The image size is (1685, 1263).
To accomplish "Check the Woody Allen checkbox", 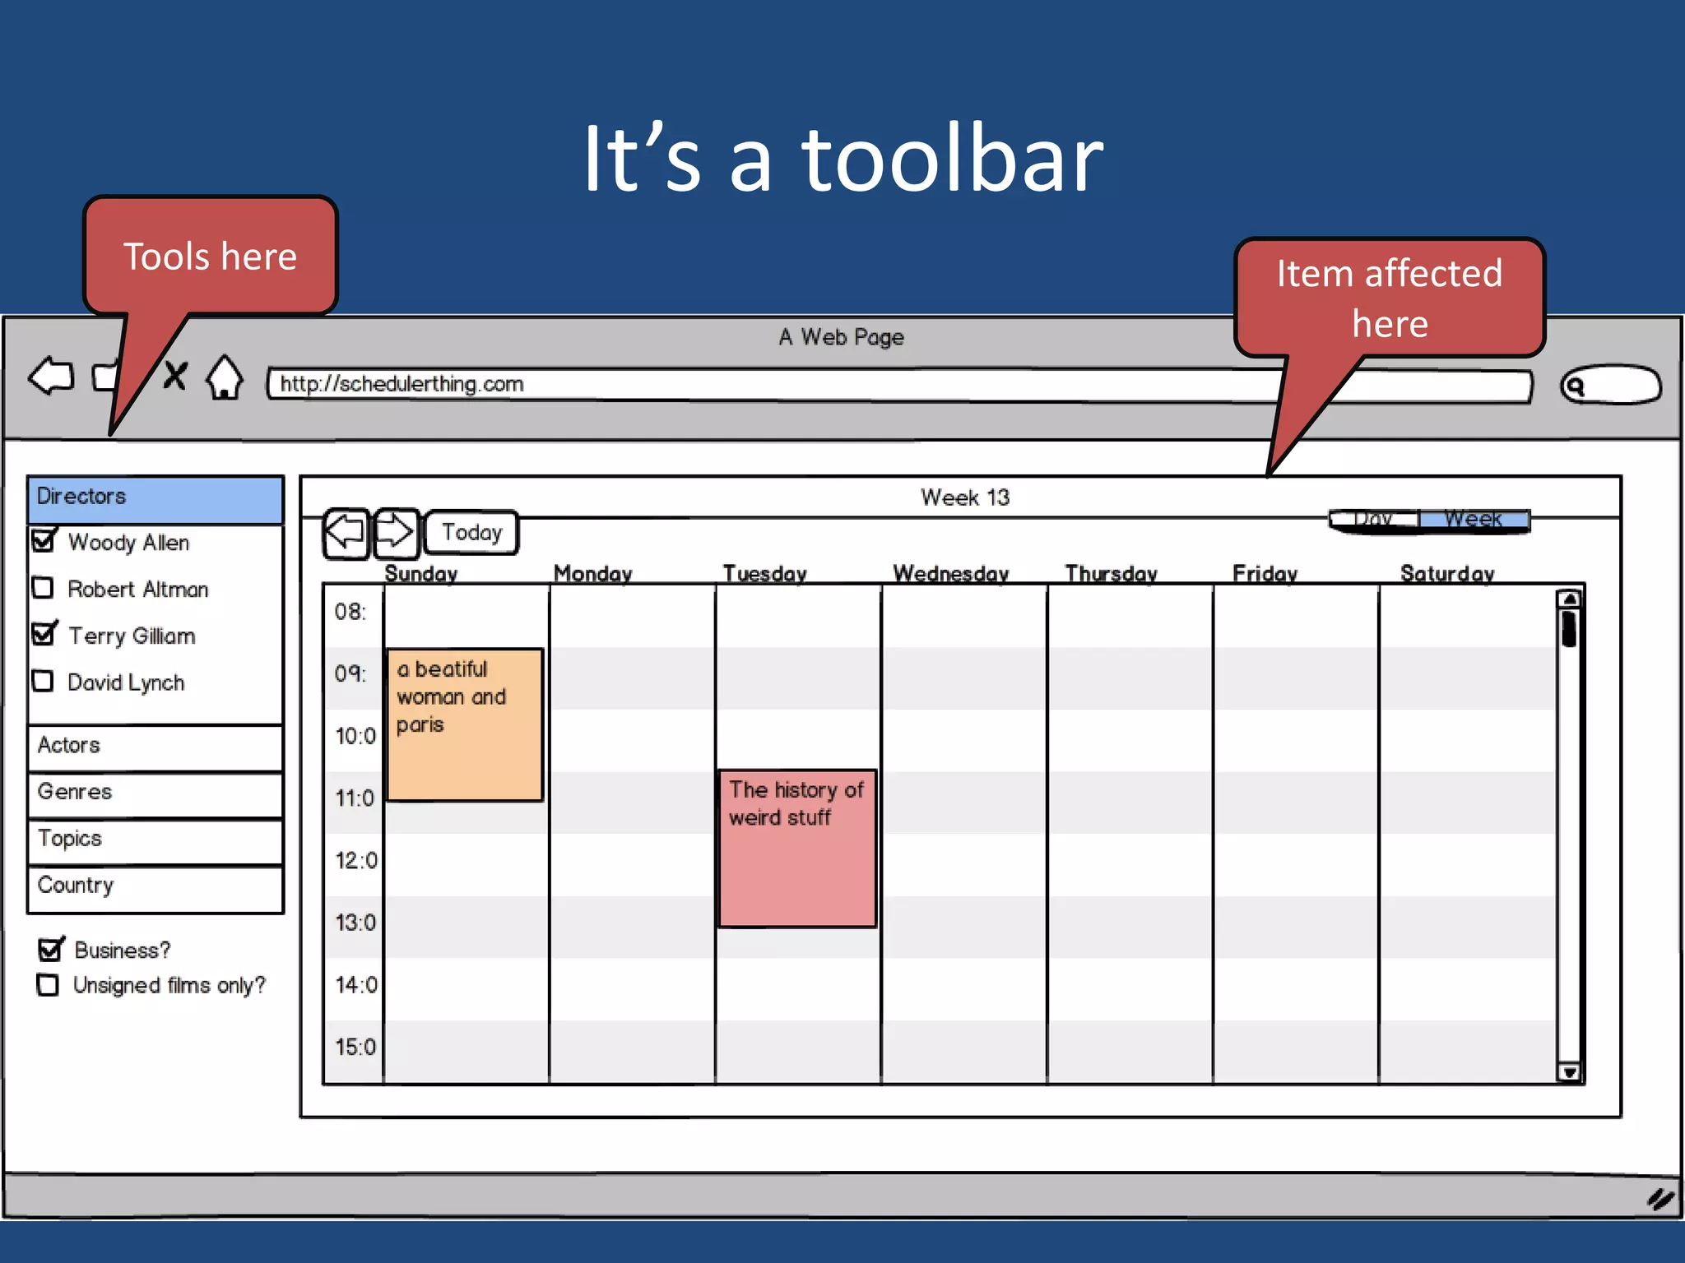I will (x=43, y=541).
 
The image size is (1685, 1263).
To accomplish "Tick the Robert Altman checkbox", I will (x=43, y=588).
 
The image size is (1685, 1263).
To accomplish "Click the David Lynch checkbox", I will (x=43, y=682).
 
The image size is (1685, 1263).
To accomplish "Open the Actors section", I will (x=156, y=747).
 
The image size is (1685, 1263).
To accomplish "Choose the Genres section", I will (x=156, y=793).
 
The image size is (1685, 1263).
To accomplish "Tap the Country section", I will (x=156, y=887).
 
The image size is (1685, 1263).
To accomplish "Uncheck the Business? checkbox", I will (x=50, y=950).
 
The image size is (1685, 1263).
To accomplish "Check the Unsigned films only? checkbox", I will (x=49, y=985).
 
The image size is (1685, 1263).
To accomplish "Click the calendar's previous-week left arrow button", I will (x=346, y=533).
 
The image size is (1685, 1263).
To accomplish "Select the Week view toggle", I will (x=1474, y=520).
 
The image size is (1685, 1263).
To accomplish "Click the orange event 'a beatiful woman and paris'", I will (x=465, y=724).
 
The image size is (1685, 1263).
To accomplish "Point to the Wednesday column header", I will (x=951, y=573).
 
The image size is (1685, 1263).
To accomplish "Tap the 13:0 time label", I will (x=355, y=923).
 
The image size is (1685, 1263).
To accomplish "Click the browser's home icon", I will (x=225, y=378).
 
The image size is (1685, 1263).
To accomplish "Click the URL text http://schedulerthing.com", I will (x=402, y=384).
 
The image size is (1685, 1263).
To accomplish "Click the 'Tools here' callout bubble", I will (x=211, y=257).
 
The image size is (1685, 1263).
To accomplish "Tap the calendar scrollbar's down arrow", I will (x=1569, y=1072).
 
